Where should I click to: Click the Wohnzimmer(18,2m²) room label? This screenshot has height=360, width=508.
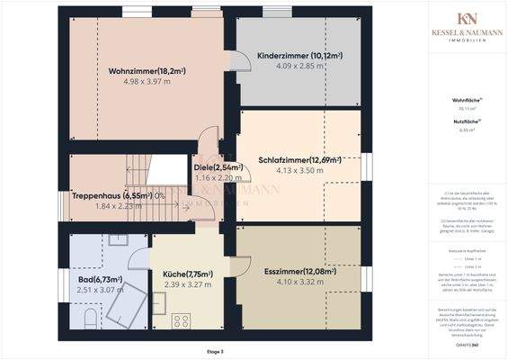click(146, 70)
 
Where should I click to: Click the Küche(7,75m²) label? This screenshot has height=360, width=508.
click(188, 274)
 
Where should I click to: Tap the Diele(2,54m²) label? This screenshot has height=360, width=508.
click(212, 167)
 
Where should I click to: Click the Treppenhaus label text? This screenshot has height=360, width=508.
click(97, 194)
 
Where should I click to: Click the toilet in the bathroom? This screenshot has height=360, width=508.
click(85, 321)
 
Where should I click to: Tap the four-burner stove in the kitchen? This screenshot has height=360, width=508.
click(179, 320)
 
